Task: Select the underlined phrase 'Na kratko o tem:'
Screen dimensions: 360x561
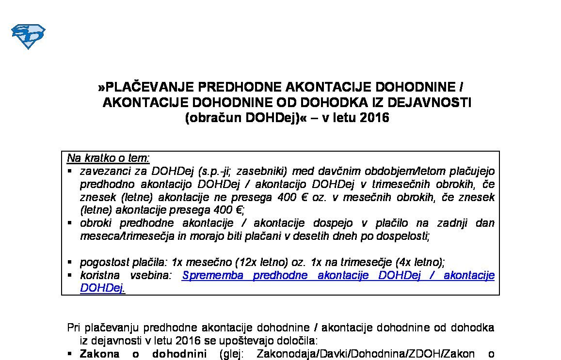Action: tap(108, 158)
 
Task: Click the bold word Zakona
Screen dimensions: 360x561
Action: tap(99, 354)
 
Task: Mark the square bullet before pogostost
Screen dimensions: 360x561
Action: tap(70, 263)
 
